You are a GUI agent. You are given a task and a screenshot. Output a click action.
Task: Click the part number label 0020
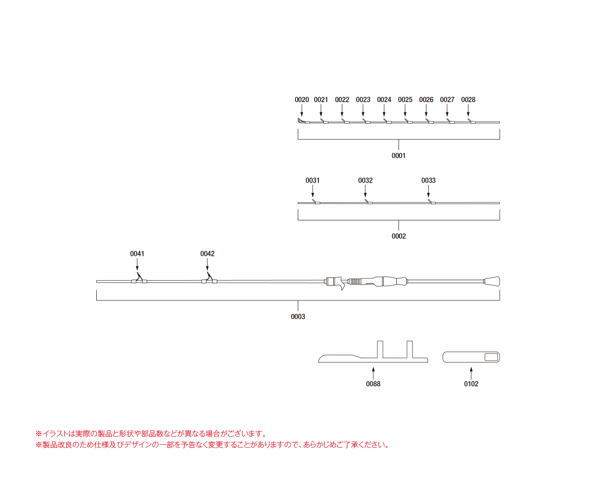point(302,100)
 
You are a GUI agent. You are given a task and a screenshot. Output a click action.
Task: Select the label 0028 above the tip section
point(468,100)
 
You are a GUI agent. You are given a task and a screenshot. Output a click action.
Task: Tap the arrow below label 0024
point(384,111)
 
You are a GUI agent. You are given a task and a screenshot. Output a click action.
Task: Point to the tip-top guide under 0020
point(303,121)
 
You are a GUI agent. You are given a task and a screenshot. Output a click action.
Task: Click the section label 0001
point(399,156)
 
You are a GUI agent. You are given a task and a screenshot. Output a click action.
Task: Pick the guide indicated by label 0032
point(368,201)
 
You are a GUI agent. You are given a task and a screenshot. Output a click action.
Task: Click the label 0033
point(428,180)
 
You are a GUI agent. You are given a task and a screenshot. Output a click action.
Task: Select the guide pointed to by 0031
point(316,201)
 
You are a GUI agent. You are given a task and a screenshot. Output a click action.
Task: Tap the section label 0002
point(399,236)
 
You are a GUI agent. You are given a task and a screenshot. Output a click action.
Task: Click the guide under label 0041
point(139,278)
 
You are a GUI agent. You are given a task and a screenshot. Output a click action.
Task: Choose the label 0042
point(207,254)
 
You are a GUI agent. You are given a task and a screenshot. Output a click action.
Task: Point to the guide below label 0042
point(209,278)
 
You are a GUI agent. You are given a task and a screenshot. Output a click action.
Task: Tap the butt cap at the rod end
point(492,281)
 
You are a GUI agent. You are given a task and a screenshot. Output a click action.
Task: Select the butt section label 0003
point(298,317)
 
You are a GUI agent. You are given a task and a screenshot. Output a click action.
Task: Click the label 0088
point(373,384)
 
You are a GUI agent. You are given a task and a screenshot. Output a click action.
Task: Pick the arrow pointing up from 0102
point(471,373)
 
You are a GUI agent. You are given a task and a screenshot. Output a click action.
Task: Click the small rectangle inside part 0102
point(491,357)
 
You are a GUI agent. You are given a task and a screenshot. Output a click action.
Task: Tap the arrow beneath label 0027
point(447,111)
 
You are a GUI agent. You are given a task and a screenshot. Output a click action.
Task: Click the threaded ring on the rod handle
point(354,282)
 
